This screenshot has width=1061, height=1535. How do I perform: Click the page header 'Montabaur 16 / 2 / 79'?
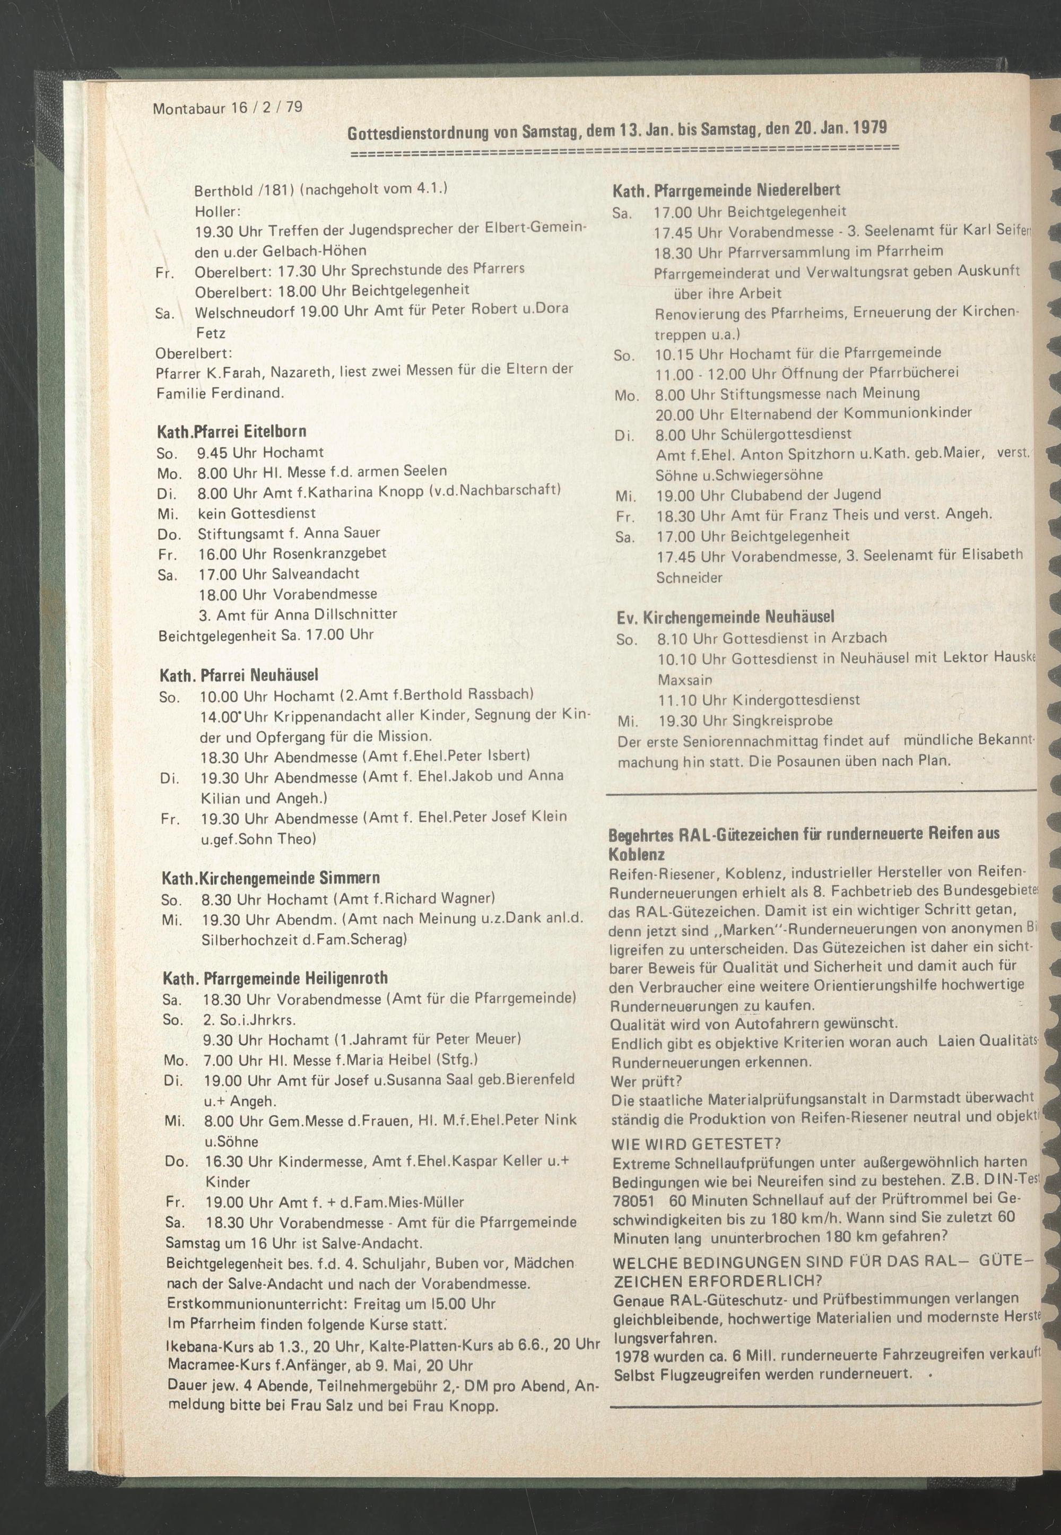coord(228,107)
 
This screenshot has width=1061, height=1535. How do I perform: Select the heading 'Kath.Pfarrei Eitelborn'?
coord(231,431)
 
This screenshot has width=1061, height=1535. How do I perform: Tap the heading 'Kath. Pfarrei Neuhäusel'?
coord(239,675)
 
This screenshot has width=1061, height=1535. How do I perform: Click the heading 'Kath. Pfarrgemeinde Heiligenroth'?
coord(275,978)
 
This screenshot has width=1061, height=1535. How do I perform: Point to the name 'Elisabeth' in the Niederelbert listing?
coord(992,554)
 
